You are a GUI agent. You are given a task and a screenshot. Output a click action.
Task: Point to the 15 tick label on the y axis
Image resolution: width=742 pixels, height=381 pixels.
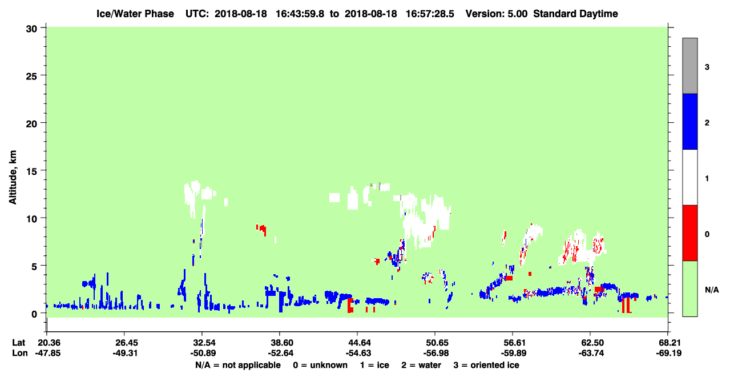point(32,171)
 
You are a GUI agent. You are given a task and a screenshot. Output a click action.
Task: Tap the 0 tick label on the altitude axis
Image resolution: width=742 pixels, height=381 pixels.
point(34,314)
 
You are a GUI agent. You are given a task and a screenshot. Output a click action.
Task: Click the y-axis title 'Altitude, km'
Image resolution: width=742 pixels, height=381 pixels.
point(13,178)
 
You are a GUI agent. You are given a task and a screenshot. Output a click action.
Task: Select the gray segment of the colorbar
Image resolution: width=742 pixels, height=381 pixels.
point(690,66)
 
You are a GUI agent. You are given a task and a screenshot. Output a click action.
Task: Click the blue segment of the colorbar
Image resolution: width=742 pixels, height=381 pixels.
point(690,121)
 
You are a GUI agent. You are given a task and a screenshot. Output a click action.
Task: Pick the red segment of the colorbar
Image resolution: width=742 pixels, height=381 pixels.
point(690,233)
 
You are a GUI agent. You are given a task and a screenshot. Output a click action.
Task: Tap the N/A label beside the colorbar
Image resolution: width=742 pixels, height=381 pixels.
point(712,290)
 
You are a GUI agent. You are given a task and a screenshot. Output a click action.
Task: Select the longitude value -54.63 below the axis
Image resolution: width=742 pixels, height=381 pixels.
point(357,353)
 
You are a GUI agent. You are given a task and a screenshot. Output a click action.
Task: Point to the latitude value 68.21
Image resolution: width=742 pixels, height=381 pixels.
point(668,342)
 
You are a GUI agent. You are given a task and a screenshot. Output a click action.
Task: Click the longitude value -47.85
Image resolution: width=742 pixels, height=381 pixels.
point(48,353)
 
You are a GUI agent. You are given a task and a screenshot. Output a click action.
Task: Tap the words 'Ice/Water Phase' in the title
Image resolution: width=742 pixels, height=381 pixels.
point(135,14)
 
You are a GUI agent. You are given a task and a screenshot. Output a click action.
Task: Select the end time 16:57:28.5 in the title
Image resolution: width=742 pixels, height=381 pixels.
point(430,14)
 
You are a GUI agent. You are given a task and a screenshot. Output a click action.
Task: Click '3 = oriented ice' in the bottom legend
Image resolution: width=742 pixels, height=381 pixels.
point(486,365)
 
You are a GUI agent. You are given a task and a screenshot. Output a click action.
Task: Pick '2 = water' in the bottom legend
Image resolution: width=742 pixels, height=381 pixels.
point(421,365)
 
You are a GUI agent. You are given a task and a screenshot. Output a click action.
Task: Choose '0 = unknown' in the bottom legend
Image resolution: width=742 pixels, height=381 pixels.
point(320,365)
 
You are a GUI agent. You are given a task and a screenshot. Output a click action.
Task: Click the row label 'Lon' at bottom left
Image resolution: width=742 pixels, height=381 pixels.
point(20,353)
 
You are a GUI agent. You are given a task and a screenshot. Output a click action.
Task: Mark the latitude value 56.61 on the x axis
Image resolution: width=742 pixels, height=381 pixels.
point(513,342)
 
